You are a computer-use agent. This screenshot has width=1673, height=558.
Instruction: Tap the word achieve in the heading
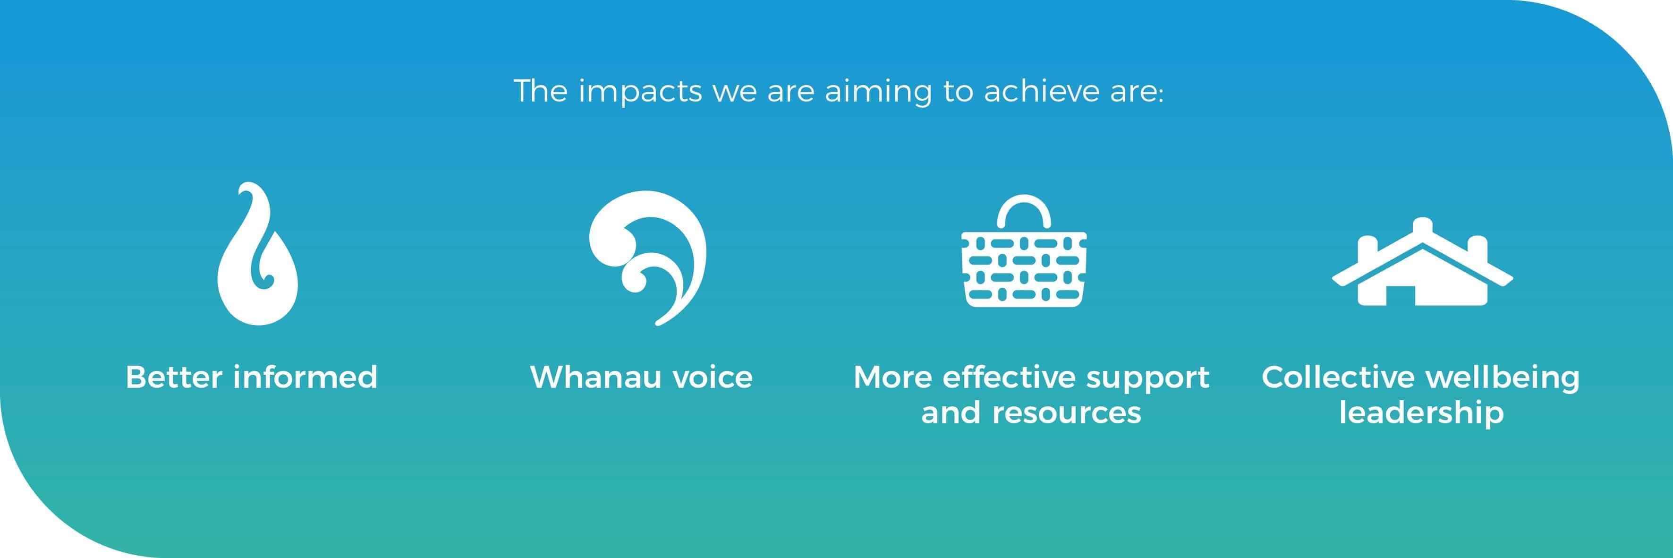(x=1037, y=91)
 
